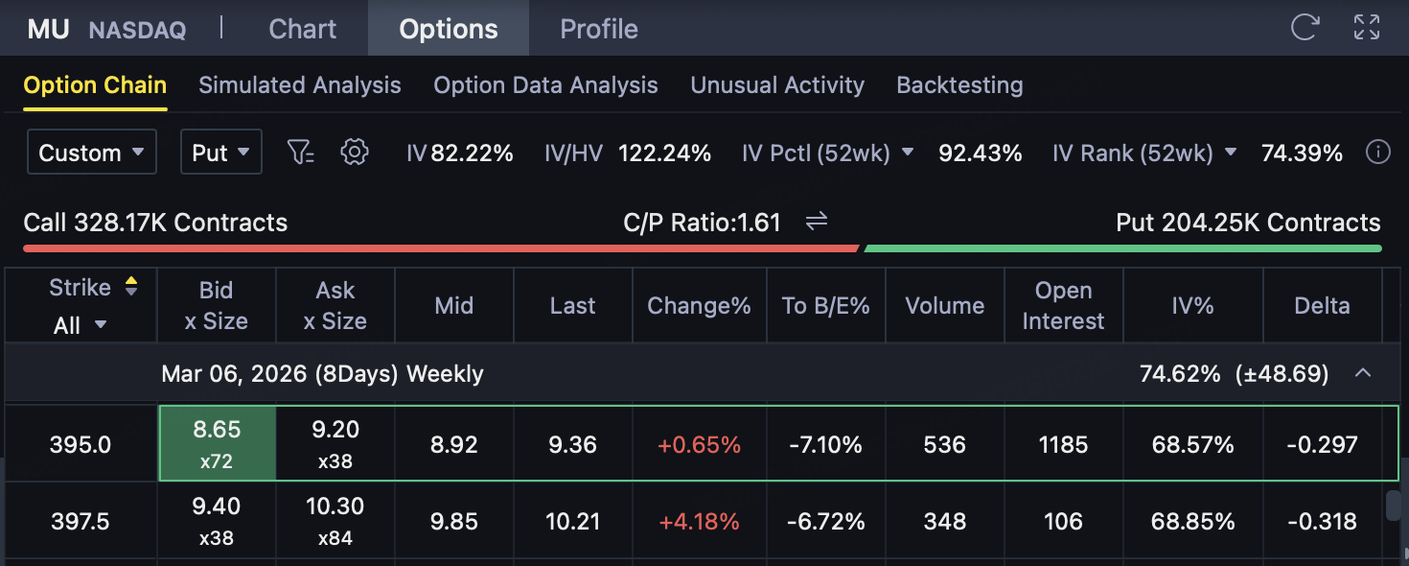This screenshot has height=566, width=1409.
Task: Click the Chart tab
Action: pyautogui.click(x=302, y=29)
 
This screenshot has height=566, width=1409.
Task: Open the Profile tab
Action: pyautogui.click(x=599, y=29)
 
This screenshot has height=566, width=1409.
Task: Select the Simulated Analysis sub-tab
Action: pyautogui.click(x=300, y=85)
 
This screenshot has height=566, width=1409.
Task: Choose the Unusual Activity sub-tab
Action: pyautogui.click(x=777, y=85)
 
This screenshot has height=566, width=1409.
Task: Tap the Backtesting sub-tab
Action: pyautogui.click(x=959, y=85)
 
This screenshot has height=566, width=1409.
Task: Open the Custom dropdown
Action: pyautogui.click(x=92, y=153)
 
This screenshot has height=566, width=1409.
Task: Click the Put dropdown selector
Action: pyautogui.click(x=221, y=153)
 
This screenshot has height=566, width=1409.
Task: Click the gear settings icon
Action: pyautogui.click(x=355, y=152)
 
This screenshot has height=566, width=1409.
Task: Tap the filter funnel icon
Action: pyautogui.click(x=301, y=152)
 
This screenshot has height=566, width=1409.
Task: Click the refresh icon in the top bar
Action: pyautogui.click(x=1305, y=27)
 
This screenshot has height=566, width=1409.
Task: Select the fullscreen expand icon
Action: pyautogui.click(x=1366, y=27)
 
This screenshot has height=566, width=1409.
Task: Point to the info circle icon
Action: pyautogui.click(x=1377, y=152)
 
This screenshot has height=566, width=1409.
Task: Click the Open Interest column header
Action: pyautogui.click(x=1063, y=306)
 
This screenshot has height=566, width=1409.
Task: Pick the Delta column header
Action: pyautogui.click(x=1322, y=306)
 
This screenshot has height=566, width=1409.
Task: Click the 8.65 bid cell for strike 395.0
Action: pyautogui.click(x=217, y=443)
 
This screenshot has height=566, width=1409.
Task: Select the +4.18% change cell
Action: pyautogui.click(x=699, y=522)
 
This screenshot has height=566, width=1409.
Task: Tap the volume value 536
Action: pyautogui.click(x=945, y=445)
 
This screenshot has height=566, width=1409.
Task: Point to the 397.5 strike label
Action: pyautogui.click(x=81, y=522)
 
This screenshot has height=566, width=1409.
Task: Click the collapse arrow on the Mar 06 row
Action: pyautogui.click(x=1362, y=373)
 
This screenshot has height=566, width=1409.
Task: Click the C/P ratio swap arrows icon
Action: pyautogui.click(x=817, y=223)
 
